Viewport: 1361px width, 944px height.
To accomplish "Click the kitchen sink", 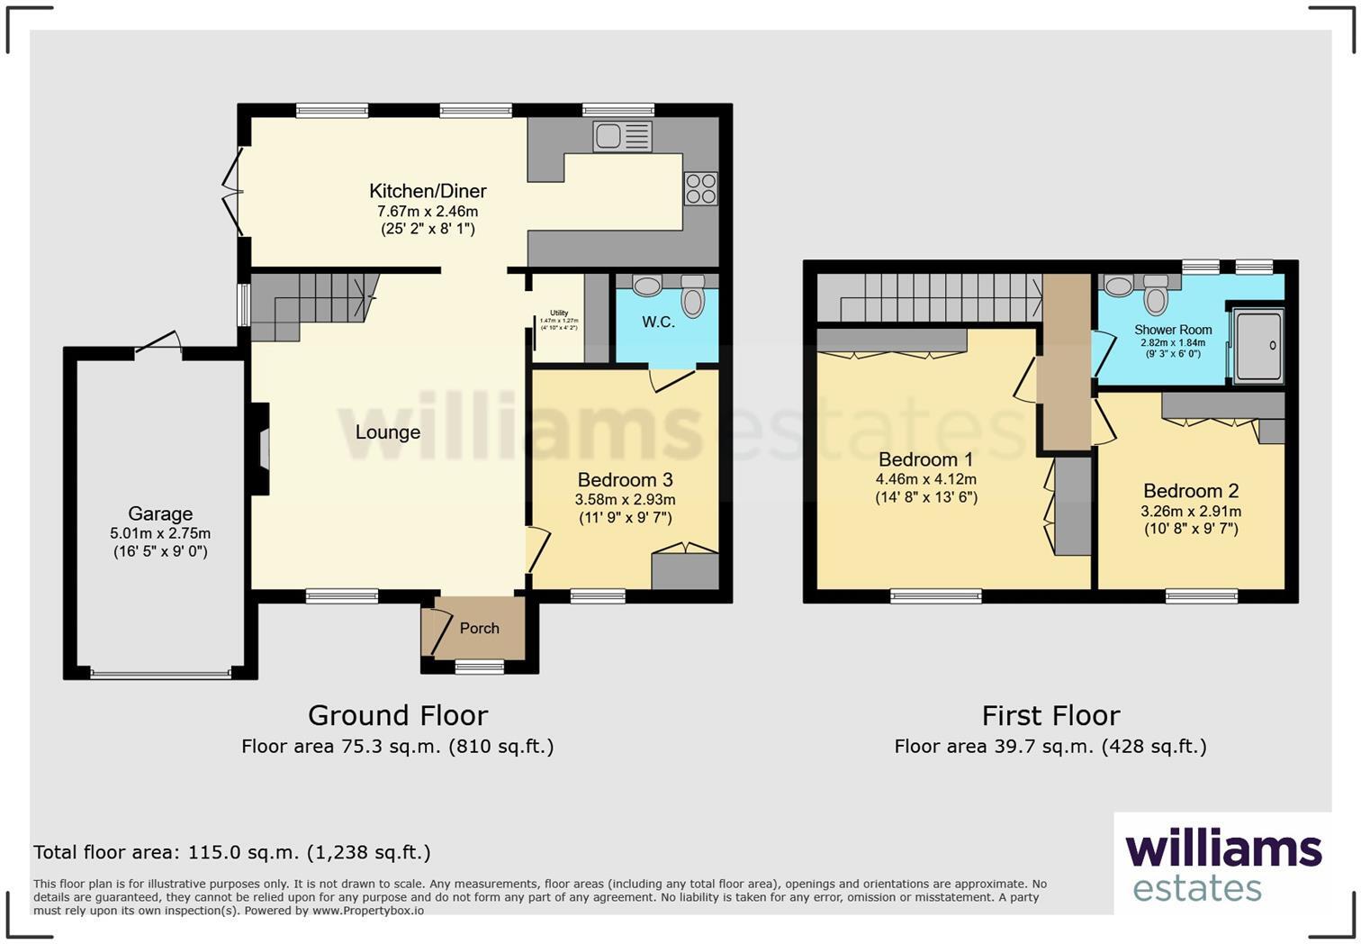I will point(622,137).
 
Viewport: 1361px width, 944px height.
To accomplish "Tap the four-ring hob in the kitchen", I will point(701,188).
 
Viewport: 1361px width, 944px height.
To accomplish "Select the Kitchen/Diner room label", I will point(428,191).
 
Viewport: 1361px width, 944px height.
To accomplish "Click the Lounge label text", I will point(387,432).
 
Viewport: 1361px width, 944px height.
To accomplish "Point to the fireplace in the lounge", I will point(261,449).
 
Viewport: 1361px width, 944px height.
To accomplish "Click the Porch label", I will point(479,629).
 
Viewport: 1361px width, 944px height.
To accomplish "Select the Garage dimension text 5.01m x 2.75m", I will point(160,533).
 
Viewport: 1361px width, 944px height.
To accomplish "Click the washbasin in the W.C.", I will point(646,286).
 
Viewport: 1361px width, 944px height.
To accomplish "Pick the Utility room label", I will point(559,313).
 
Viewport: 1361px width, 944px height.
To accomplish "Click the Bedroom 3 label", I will point(625,480).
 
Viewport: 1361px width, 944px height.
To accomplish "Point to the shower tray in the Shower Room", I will point(1257,345).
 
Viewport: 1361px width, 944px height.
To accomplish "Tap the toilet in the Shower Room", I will point(1156,295).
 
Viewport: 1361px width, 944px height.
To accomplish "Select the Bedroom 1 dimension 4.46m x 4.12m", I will point(925,479).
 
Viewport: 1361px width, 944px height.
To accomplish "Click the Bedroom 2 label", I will point(1191,491).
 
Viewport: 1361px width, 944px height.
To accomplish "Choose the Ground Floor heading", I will point(398,715).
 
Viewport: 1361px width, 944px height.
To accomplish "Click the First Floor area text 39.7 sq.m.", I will point(1050,747).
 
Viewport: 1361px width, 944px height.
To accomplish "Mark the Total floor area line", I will point(232,852).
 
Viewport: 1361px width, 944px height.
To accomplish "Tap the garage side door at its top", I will point(158,344).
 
